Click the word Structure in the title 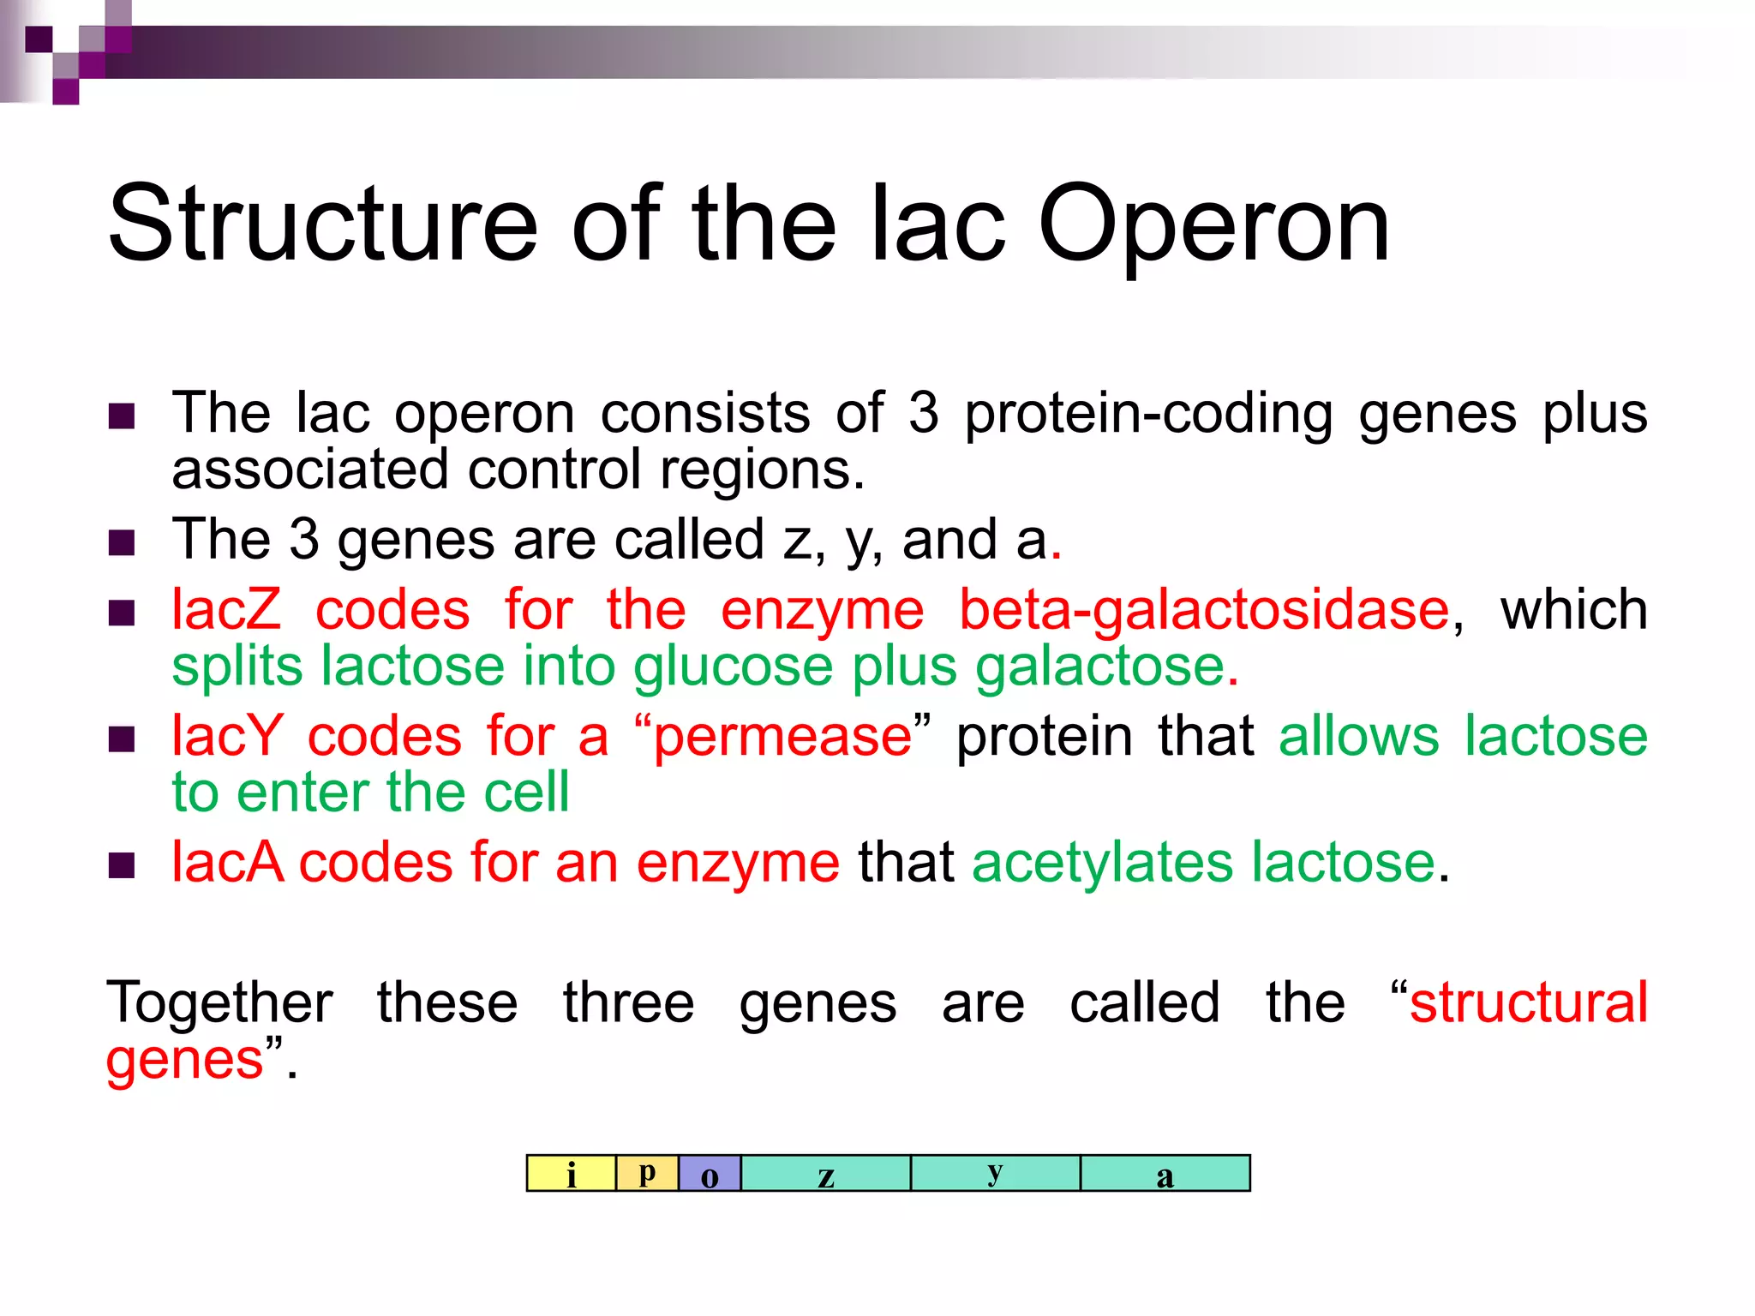[x=322, y=224]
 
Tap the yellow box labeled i [x=571, y=1174]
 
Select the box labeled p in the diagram [x=647, y=1173]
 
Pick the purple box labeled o [x=710, y=1174]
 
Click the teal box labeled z [x=825, y=1174]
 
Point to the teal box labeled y [x=995, y=1173]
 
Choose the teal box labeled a [x=1165, y=1174]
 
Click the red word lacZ [x=226, y=610]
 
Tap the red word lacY [x=226, y=736]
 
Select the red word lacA [x=227, y=862]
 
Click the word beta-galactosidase [x=1204, y=610]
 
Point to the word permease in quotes [x=782, y=736]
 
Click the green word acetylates [x=1101, y=862]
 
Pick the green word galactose [x=1101, y=667]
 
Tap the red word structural [x=1528, y=1002]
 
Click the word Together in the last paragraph [x=219, y=1002]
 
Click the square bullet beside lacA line [x=123, y=865]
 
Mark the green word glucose [x=733, y=667]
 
